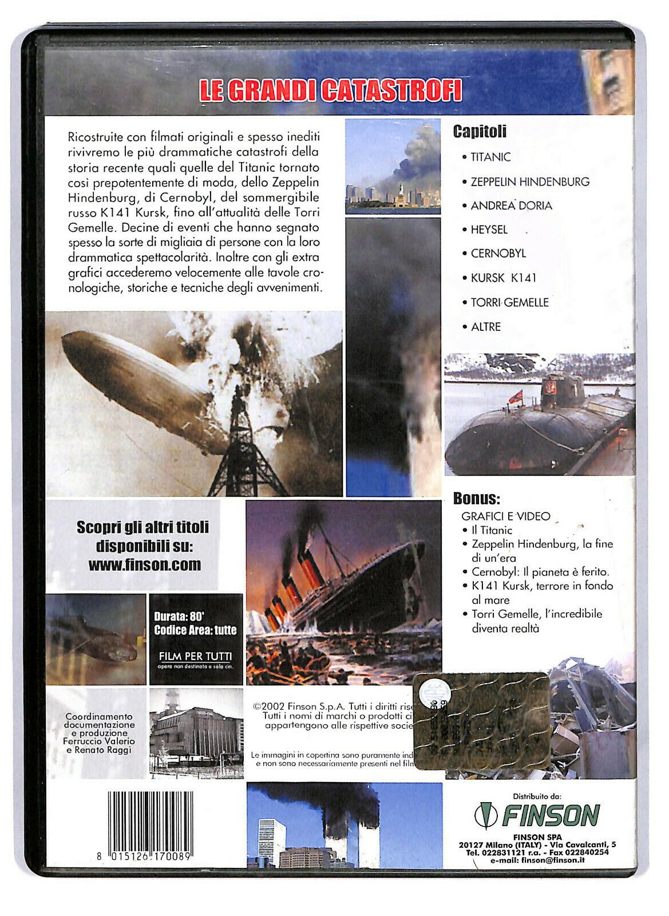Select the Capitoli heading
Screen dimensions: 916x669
(x=480, y=132)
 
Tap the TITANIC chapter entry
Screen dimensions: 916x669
(x=490, y=157)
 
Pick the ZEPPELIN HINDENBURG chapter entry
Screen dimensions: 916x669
(x=529, y=181)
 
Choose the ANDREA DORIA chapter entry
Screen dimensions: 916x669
(x=511, y=206)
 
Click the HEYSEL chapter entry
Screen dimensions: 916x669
(x=489, y=230)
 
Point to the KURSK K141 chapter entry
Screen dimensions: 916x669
(x=503, y=278)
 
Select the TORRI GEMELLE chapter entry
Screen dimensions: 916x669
(x=509, y=302)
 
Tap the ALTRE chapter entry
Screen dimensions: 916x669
(x=485, y=327)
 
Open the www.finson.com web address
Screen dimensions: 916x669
(x=145, y=564)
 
